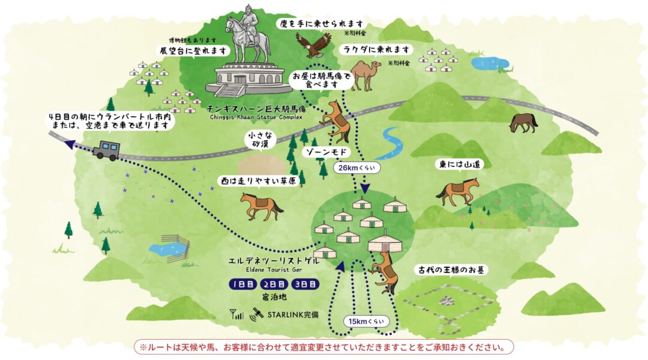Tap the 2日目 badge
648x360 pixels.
[x=274, y=284]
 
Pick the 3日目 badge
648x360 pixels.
[x=305, y=284]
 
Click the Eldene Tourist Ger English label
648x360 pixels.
[x=274, y=271]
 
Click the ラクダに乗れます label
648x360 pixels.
[x=376, y=49]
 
